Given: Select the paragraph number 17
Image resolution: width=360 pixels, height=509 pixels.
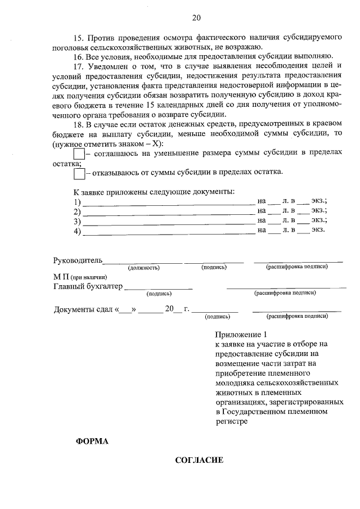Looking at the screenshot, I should click(79, 66).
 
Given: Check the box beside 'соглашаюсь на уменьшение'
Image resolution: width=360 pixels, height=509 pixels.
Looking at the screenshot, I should click(79, 154).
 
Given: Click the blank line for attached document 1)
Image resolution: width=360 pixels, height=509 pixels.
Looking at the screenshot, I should click(169, 203).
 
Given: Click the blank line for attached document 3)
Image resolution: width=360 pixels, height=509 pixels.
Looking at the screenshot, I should click(169, 222).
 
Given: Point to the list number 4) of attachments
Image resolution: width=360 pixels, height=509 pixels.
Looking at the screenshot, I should click(78, 231).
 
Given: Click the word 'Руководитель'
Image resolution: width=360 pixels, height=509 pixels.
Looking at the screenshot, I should click(78, 260).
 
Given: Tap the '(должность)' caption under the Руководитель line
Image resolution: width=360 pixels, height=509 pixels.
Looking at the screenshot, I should click(144, 268).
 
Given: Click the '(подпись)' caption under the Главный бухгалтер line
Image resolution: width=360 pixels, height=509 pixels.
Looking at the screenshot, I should click(159, 293).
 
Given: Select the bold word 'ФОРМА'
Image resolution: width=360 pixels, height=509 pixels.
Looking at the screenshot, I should click(92, 441).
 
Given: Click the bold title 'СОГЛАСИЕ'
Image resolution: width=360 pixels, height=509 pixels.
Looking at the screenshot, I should click(199, 461).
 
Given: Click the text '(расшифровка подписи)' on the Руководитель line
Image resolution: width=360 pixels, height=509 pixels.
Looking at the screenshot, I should click(298, 268).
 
